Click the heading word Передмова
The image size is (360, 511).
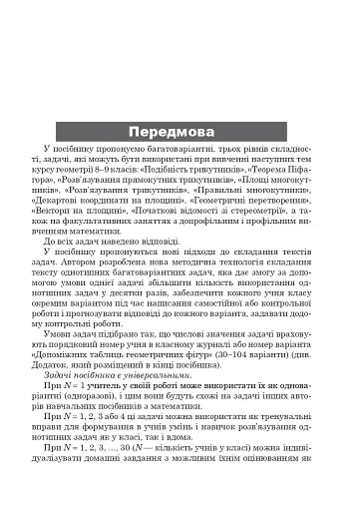(x=180, y=134)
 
